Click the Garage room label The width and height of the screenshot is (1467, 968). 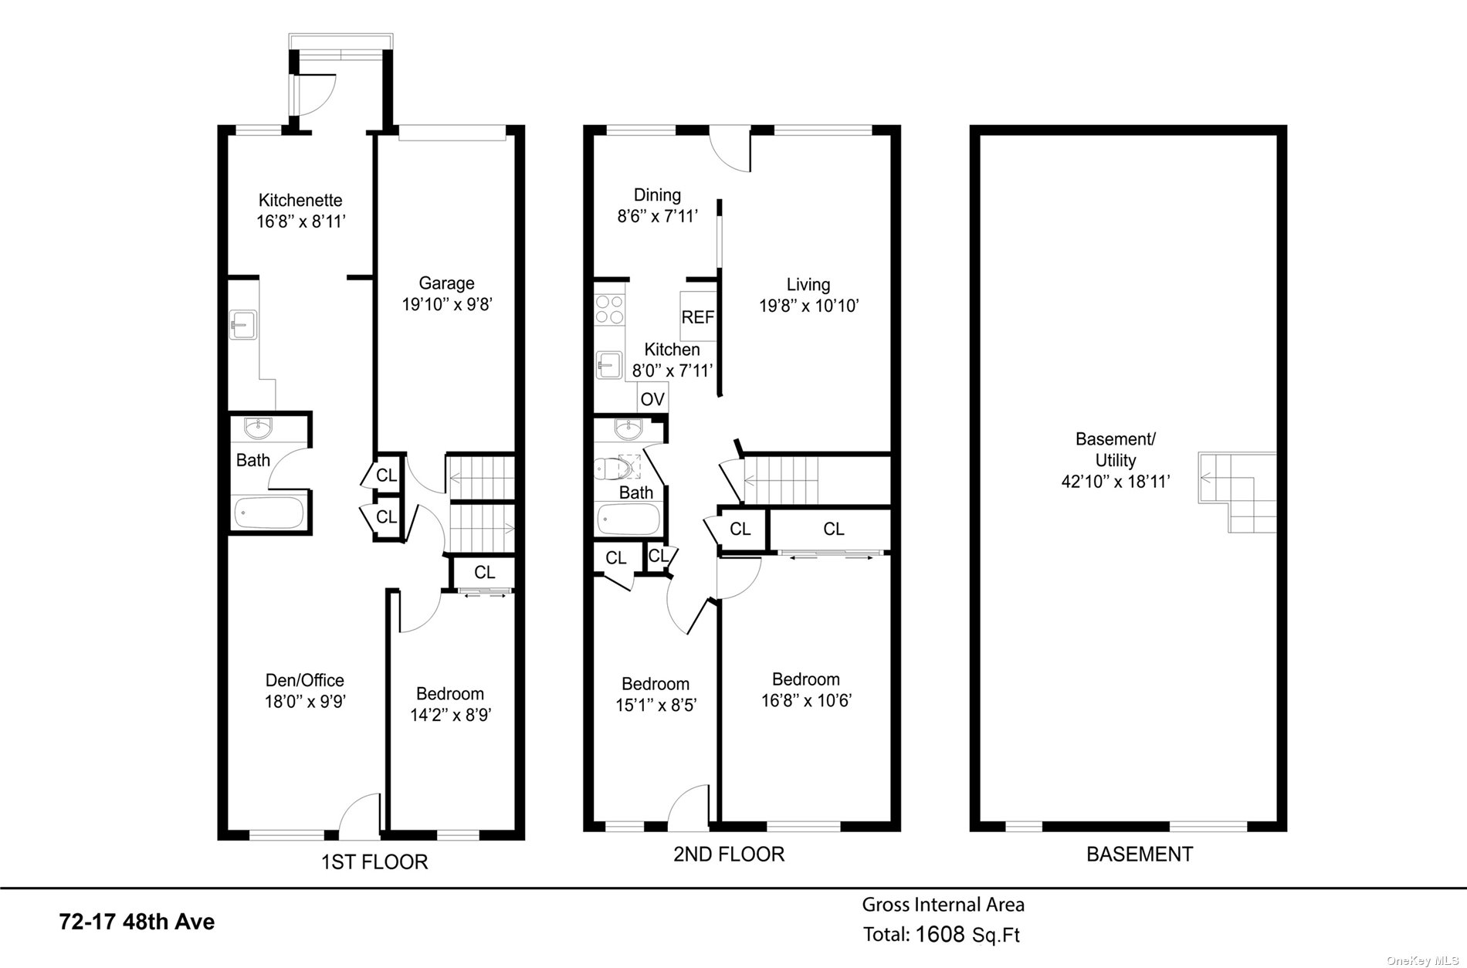point(446,283)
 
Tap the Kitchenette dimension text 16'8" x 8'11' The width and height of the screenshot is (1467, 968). point(300,222)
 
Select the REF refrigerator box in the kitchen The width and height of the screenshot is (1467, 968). point(697,316)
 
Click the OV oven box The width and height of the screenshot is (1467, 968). point(652,399)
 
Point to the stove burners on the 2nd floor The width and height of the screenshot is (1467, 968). point(608,310)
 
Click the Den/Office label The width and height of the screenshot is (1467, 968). point(304,680)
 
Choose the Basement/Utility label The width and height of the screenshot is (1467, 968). point(1115,449)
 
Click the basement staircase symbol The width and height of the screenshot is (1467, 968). point(1237,492)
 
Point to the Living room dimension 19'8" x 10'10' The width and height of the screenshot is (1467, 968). point(808,306)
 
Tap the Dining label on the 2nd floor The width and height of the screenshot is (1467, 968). point(657,195)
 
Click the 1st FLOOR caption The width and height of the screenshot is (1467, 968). point(374,861)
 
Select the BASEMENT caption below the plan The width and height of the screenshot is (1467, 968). point(1139,855)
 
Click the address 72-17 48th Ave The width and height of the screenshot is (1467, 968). point(137,922)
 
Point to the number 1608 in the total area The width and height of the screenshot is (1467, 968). point(940,935)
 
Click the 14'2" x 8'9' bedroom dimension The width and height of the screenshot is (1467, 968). point(451,715)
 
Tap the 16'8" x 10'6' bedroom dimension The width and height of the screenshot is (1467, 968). point(805,701)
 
